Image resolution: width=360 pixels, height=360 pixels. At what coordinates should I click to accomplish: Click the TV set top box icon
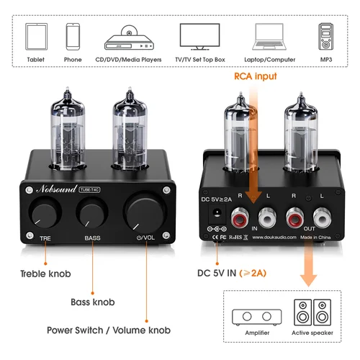pyautogui.click(x=199, y=36)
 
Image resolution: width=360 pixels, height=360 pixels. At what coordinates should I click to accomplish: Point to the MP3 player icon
pyautogui.click(x=325, y=36)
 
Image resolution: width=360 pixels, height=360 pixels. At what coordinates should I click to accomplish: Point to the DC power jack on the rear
pyautogui.click(x=215, y=214)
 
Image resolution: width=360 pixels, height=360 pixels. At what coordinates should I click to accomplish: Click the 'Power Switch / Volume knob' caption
pyautogui.click(x=108, y=330)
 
